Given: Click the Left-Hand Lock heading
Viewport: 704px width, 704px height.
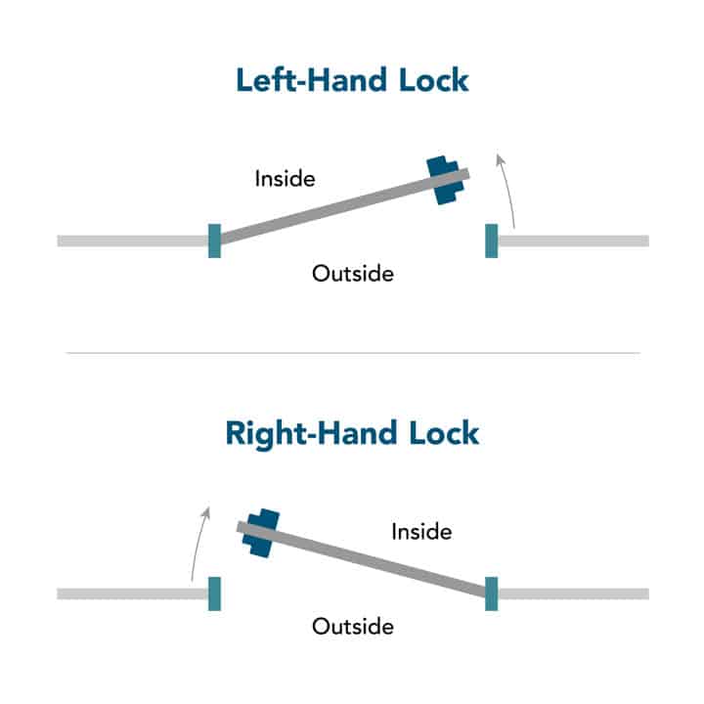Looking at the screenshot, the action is [352, 80].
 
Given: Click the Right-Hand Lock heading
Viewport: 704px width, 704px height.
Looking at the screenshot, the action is [352, 433].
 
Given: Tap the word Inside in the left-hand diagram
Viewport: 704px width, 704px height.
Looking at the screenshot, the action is [286, 179].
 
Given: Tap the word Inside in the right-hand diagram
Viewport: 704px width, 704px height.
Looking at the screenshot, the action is [422, 532].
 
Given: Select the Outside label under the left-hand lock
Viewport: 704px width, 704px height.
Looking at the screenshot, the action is [353, 274].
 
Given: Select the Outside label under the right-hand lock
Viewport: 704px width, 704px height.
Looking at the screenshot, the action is [353, 627].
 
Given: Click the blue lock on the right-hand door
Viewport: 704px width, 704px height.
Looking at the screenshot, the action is [261, 533].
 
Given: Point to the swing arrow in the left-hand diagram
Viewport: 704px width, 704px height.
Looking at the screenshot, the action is [509, 189].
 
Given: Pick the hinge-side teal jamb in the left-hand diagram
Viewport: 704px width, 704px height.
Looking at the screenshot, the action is [214, 241].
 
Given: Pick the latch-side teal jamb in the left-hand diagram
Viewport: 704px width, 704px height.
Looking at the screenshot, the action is [492, 241].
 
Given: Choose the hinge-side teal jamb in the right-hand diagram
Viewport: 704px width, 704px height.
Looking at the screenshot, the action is [492, 594].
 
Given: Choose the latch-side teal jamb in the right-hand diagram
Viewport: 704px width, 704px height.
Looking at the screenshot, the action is [214, 594].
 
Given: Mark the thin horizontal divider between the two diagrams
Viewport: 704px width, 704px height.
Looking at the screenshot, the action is [353, 353].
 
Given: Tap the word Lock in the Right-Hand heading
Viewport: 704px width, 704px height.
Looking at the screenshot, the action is [444, 433].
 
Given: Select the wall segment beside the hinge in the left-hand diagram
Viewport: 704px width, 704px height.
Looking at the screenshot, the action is [133, 241].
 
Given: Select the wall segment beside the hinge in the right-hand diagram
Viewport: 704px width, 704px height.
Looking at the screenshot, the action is [573, 594].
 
